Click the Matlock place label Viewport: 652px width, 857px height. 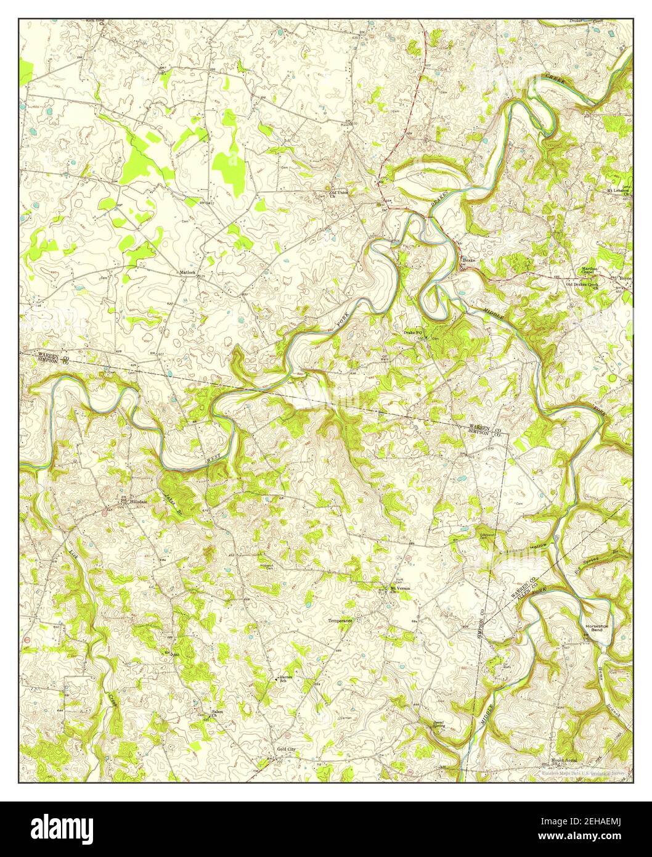click(x=187, y=271)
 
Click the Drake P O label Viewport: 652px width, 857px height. click(x=413, y=332)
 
